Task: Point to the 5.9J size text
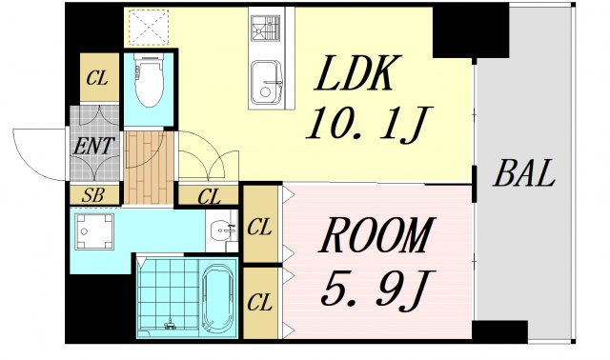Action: (x=376, y=290)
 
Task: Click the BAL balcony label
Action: (x=524, y=173)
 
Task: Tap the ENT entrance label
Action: (x=94, y=147)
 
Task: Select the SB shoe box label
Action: (x=93, y=195)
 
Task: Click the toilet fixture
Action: (x=149, y=80)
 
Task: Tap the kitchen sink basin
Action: (x=267, y=83)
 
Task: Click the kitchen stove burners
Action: (x=265, y=28)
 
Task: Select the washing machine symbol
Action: (x=94, y=231)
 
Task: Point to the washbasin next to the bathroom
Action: (x=222, y=230)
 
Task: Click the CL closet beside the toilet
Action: (x=99, y=77)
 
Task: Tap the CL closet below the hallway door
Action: (x=208, y=195)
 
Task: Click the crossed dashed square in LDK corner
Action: (x=149, y=28)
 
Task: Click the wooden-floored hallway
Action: (x=149, y=168)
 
